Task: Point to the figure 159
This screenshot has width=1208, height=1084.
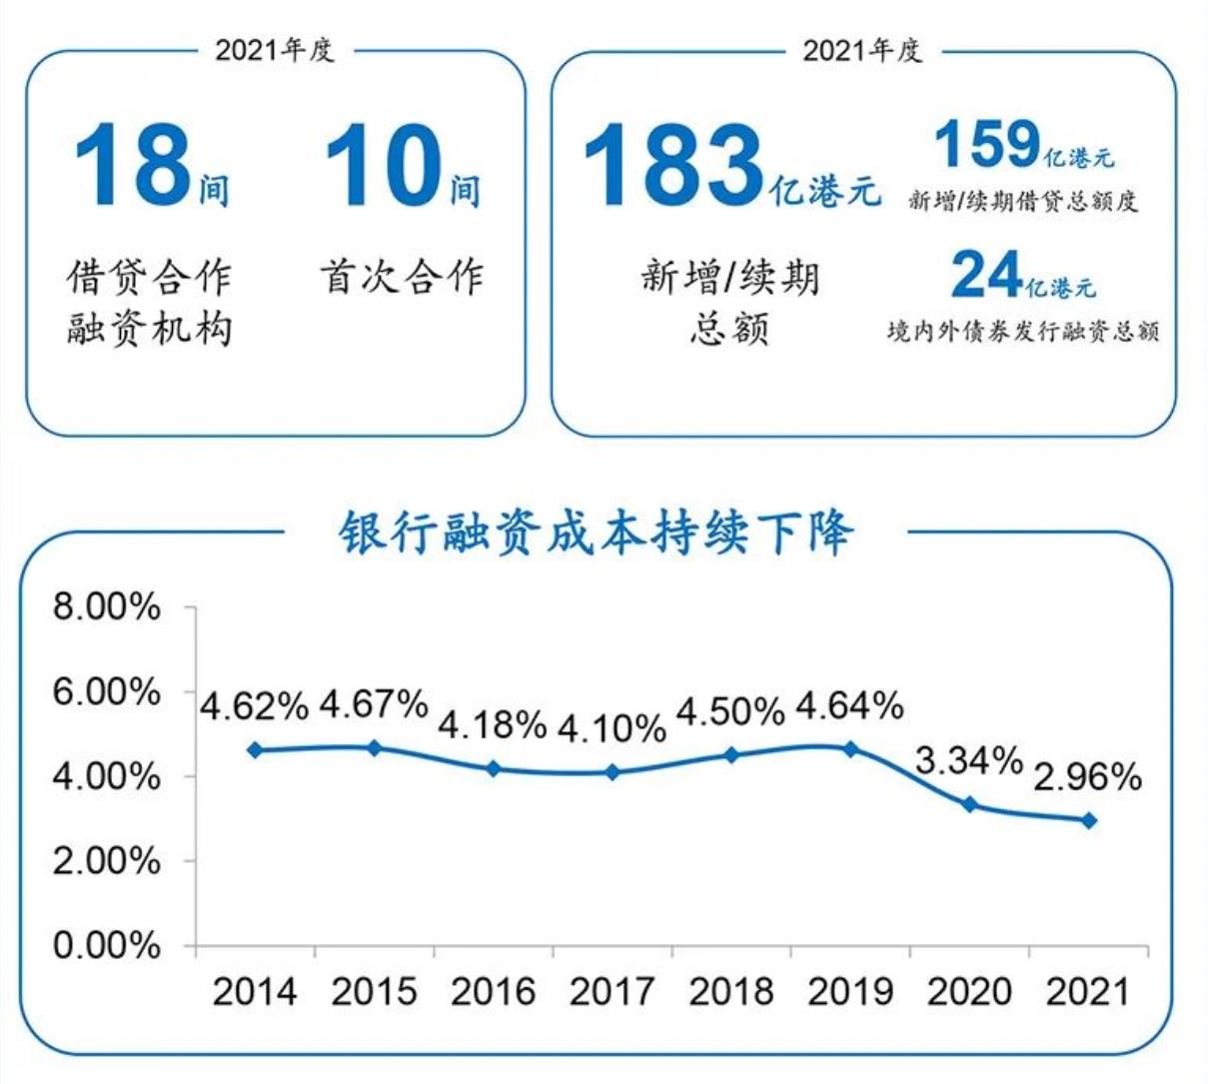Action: [x=987, y=144]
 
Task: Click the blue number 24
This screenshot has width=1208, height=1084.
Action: [x=985, y=274]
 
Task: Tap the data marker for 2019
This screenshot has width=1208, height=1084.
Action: [x=850, y=748]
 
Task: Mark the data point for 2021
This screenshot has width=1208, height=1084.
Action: [x=1089, y=820]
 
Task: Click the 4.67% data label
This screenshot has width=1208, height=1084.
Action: [x=374, y=704]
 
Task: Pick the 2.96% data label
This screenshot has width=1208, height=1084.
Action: [x=1087, y=777]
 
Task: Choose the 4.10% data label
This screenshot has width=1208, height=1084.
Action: [x=611, y=727]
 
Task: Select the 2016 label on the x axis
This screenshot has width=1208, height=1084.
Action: [x=493, y=991]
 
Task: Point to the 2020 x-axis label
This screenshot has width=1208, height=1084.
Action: [x=969, y=991]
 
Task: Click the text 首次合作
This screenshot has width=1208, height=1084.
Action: [x=402, y=277]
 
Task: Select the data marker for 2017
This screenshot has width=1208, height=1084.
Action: [x=612, y=772]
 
